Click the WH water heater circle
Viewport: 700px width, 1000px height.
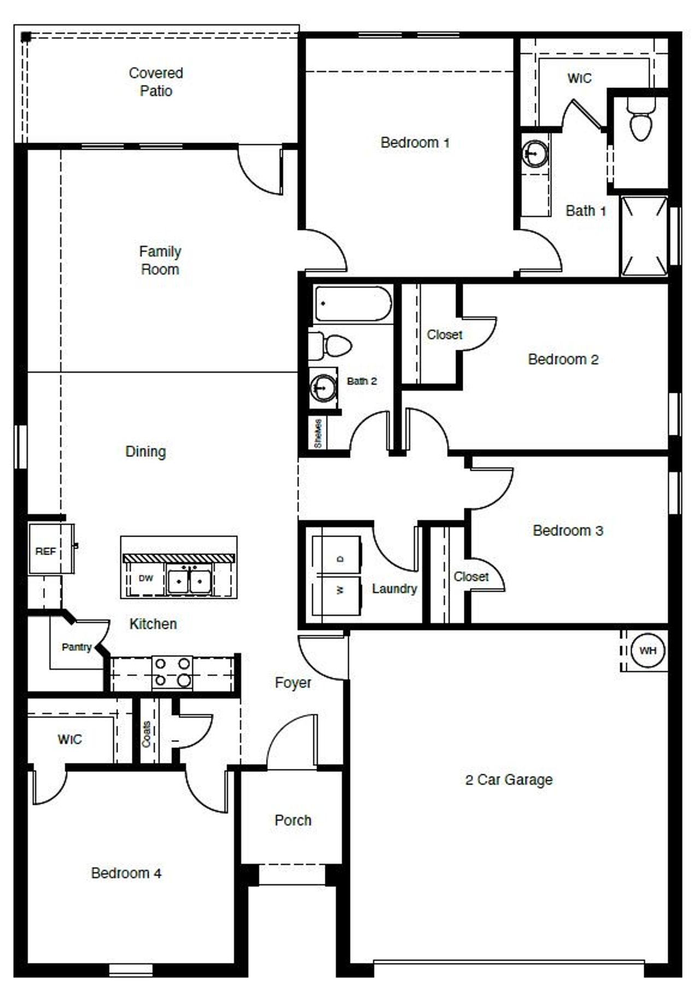pos(647,650)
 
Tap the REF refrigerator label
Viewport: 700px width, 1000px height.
pos(45,551)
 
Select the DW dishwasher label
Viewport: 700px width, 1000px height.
pos(145,578)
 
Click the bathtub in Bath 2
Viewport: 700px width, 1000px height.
pos(353,304)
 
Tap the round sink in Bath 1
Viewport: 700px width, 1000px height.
pos(534,153)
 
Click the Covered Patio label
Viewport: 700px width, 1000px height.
pos(156,82)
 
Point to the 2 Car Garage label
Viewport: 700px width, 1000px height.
pos(509,780)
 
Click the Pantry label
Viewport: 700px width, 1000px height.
pos(77,647)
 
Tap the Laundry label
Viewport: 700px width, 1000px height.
pos(394,589)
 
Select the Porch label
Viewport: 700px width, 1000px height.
pos(293,820)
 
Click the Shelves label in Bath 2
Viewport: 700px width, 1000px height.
pos(318,434)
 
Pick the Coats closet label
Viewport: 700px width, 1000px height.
pos(147,734)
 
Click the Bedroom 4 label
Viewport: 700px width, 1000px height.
pos(126,873)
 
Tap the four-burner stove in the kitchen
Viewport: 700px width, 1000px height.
pos(172,672)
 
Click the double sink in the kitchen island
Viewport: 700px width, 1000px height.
pos(189,581)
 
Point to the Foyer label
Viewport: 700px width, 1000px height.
pos(293,683)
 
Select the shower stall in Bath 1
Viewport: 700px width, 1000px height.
pos(644,236)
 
